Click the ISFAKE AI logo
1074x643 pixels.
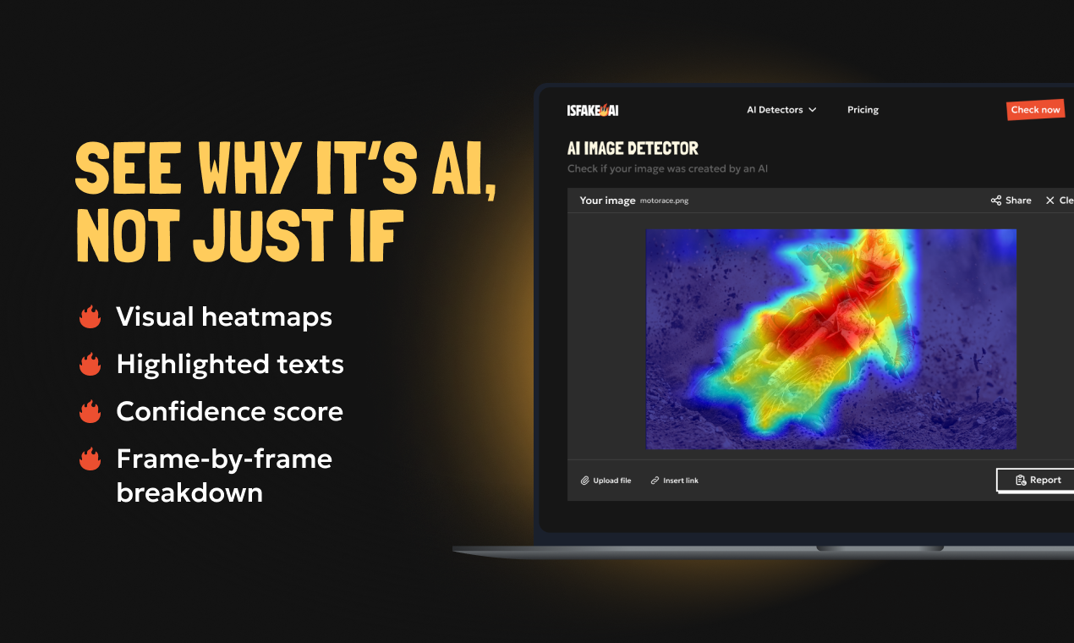click(x=592, y=110)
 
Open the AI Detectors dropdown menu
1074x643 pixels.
click(x=781, y=110)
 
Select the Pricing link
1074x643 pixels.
click(x=863, y=110)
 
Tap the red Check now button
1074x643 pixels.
click(x=1035, y=110)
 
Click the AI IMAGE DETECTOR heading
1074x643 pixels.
click(x=633, y=149)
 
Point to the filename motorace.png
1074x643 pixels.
click(x=664, y=201)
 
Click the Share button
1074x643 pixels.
click(x=1011, y=201)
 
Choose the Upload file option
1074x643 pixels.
click(x=605, y=481)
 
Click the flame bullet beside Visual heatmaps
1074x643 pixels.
click(x=90, y=317)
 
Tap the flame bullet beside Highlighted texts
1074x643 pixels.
click(x=90, y=365)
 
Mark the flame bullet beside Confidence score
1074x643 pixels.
click(x=90, y=412)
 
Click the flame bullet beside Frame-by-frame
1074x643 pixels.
click(x=90, y=459)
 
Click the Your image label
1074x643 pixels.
click(x=607, y=201)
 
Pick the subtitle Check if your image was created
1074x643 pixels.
click(x=667, y=169)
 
